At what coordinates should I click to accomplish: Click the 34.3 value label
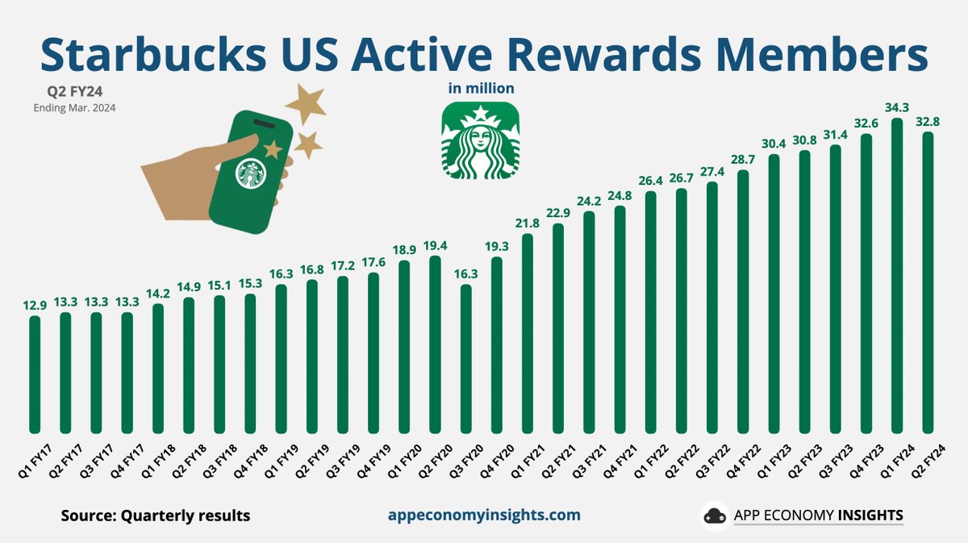click(x=897, y=108)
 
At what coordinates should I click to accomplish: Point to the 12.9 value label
click(x=35, y=306)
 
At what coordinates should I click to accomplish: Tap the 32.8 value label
click(x=928, y=122)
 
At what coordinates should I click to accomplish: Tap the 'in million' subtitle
click(x=481, y=87)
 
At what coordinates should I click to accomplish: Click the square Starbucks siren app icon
click(x=481, y=140)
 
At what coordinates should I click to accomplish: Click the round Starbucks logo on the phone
click(x=252, y=173)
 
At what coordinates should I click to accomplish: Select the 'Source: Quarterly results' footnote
click(x=156, y=516)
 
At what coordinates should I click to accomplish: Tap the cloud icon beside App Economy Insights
click(x=715, y=516)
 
